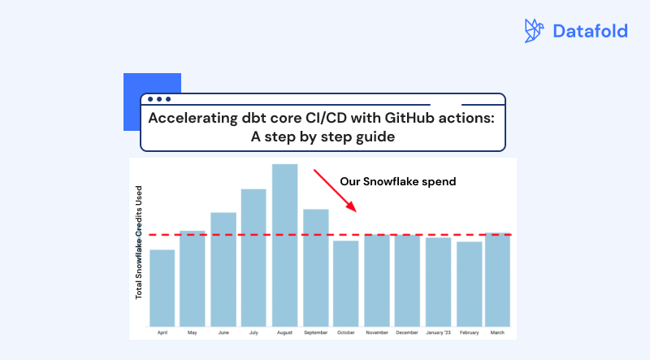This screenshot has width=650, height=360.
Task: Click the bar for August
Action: click(284, 244)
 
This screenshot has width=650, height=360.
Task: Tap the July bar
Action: click(253, 257)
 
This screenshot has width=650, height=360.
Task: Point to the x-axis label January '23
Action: click(438, 332)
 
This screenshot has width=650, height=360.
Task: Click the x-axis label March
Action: click(497, 332)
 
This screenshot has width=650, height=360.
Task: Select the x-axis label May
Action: click(192, 332)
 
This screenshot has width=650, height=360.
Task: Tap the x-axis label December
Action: click(407, 332)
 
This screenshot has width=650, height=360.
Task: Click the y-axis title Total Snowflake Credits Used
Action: click(139, 242)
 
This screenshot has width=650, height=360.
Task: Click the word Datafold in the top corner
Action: click(590, 32)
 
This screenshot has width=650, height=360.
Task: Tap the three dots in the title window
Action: click(158, 99)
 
